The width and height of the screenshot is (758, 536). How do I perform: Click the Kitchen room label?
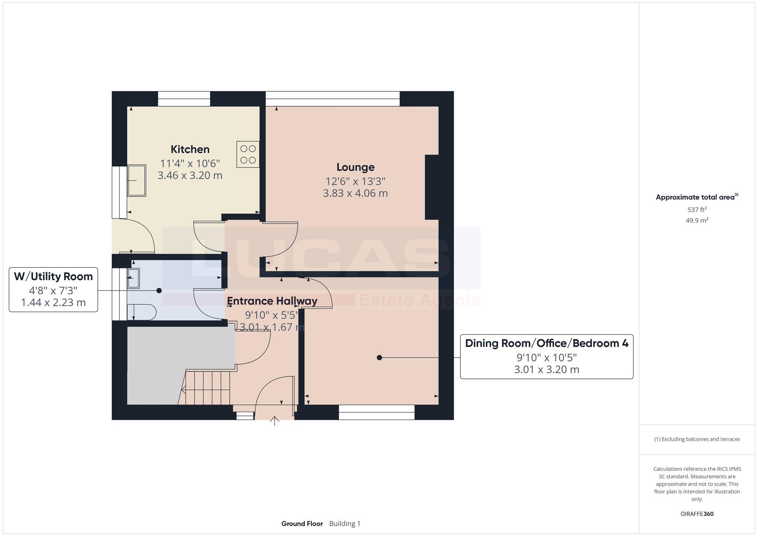[190, 149]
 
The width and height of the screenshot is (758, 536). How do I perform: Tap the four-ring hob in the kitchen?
[248, 154]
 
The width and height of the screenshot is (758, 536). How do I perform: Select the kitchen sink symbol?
[136, 180]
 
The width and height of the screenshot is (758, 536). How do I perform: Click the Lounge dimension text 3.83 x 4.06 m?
[355, 193]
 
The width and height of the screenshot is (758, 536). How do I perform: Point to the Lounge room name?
[355, 167]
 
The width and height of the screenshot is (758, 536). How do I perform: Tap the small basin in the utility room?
[133, 278]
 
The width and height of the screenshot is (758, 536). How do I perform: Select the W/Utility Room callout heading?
[53, 277]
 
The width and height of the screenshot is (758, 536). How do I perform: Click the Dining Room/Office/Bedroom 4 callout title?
[546, 343]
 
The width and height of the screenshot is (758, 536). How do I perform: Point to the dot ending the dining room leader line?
[379, 358]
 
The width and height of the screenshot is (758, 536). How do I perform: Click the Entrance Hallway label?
[272, 301]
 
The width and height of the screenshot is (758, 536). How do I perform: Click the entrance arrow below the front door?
[274, 421]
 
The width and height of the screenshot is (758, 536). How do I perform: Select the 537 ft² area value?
[697, 209]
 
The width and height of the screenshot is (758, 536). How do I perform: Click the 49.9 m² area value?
[697, 220]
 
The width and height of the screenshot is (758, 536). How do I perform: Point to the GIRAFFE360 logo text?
[697, 514]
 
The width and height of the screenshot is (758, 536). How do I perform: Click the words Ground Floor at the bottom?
[302, 524]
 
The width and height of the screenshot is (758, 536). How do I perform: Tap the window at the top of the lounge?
[332, 99]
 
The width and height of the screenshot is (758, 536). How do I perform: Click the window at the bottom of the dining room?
[376, 412]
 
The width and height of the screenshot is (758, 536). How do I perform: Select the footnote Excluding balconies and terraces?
[697, 439]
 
